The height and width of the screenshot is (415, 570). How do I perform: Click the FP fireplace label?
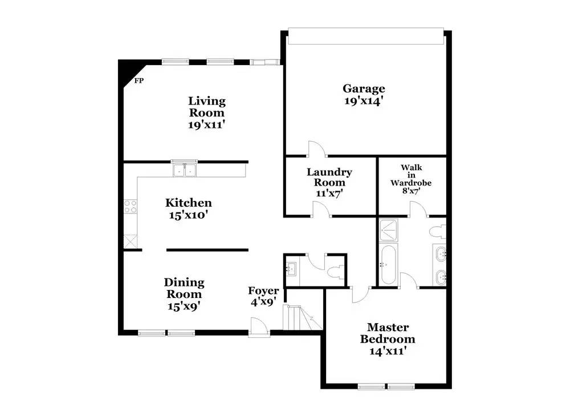(x=139, y=80)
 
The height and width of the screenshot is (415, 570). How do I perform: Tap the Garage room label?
(x=364, y=88)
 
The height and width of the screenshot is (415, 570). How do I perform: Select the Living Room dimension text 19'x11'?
(x=207, y=124)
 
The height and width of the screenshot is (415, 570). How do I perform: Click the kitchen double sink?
(x=184, y=170)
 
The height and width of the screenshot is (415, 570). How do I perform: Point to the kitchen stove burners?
(x=131, y=206)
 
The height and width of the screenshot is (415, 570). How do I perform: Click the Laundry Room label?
(x=329, y=172)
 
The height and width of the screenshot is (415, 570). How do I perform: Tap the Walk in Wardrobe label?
(x=410, y=175)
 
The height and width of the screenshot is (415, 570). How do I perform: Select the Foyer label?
(x=263, y=291)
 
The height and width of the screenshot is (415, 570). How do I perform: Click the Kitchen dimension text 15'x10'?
(x=188, y=215)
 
